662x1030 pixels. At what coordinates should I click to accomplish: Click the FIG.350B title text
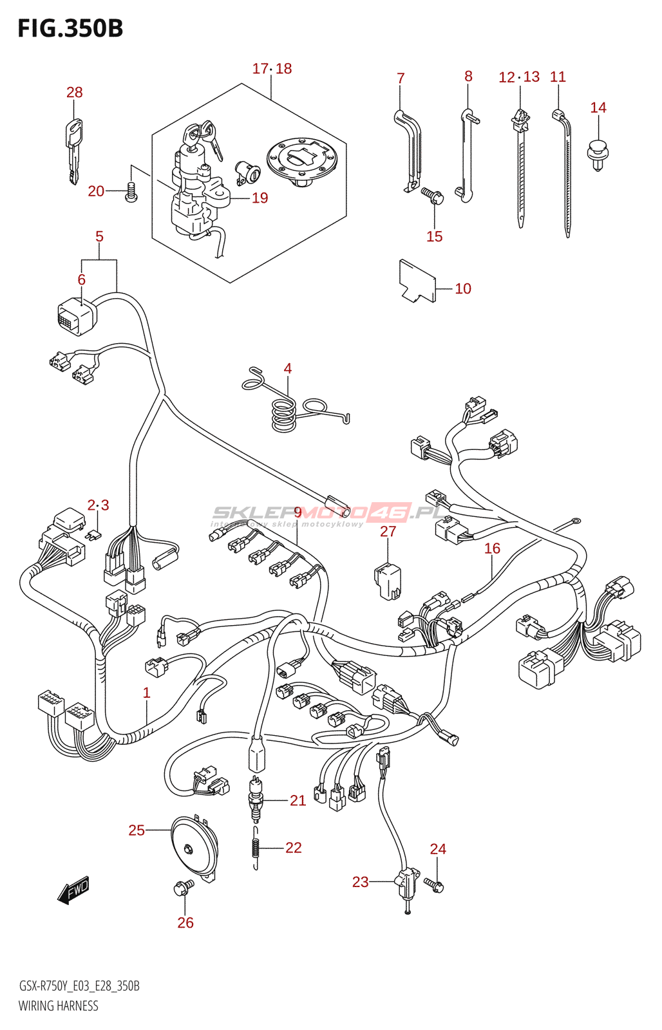(70, 28)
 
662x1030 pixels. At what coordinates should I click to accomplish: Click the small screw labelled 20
(131, 192)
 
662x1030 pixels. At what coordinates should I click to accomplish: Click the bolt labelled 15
(431, 195)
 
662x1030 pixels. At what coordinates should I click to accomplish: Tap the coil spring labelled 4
(283, 412)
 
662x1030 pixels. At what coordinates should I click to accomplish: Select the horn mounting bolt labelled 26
(182, 889)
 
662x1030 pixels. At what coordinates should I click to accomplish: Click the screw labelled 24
(435, 885)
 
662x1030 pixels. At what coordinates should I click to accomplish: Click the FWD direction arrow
(73, 890)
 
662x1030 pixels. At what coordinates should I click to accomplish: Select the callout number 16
(492, 548)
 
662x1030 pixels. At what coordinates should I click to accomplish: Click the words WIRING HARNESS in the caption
(59, 1006)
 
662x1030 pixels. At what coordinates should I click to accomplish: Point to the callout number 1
(147, 693)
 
